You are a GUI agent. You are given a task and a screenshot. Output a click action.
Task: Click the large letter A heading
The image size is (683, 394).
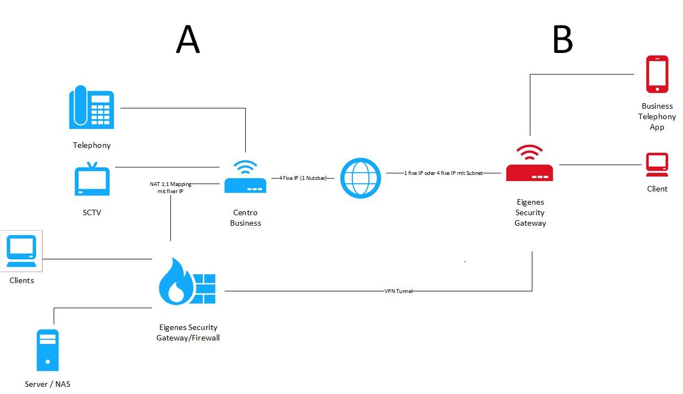click(x=188, y=40)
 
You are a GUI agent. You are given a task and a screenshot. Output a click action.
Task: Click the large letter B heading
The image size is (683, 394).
click(x=563, y=40)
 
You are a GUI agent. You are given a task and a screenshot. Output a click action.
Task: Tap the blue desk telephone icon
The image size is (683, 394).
click(x=92, y=108)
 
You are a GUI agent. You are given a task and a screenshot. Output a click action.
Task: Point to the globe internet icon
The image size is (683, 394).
click(x=360, y=178)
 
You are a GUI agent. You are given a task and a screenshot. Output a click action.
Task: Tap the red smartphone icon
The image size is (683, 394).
click(x=657, y=74)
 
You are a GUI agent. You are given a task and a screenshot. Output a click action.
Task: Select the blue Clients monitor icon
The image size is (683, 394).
click(x=22, y=251)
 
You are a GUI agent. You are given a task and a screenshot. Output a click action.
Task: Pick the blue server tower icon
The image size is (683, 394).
click(x=48, y=350)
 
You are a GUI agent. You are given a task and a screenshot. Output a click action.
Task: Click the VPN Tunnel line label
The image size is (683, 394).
click(x=398, y=291)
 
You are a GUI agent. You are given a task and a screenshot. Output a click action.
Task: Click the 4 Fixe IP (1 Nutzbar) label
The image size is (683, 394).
click(x=303, y=178)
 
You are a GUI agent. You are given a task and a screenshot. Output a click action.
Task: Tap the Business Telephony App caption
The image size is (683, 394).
click(x=657, y=116)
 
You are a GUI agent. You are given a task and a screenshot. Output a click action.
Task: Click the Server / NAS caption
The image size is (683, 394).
click(x=48, y=384)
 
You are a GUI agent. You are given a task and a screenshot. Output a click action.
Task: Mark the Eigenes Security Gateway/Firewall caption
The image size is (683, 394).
click(x=188, y=332)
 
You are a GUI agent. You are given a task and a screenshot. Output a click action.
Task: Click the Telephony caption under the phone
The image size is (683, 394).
click(x=92, y=145)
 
